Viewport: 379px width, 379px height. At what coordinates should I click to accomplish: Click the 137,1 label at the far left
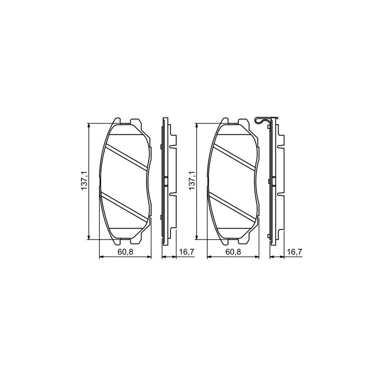pos(84,181)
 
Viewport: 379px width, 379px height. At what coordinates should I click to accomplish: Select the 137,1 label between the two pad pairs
pos(192,181)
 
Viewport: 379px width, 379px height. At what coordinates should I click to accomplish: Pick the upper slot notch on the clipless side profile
pos(172,147)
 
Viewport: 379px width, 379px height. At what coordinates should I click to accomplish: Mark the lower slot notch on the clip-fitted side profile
pos(280,194)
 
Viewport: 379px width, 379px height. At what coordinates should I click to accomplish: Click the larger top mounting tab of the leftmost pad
pos(136,123)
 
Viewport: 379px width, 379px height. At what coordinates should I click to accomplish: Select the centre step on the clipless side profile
pos(165,181)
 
